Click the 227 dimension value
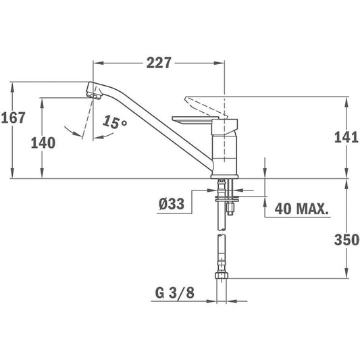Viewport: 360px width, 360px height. pos(159,63)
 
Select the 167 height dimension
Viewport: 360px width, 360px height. pos(14,118)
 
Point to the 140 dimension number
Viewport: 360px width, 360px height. pos(43,143)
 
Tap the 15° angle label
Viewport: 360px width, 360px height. pos(115,122)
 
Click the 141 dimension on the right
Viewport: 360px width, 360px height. pos(346,138)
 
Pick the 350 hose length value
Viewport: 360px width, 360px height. pos(346,240)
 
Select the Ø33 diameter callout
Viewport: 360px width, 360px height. pos(172,204)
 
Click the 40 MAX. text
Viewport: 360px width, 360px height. pos(301,209)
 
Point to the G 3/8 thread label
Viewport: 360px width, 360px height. pos(175,292)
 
